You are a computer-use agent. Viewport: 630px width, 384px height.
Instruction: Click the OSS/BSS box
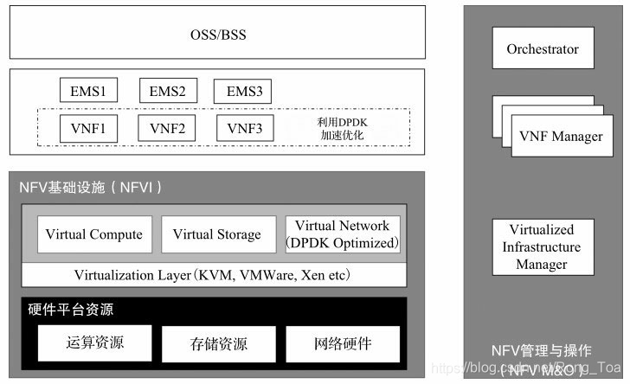pos(217,36)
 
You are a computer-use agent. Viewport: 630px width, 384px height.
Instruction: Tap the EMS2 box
pos(168,90)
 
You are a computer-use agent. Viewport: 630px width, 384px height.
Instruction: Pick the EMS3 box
pos(244,90)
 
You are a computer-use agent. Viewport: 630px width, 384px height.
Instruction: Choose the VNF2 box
pos(168,129)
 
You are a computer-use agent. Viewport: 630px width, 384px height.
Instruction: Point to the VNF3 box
pos(244,129)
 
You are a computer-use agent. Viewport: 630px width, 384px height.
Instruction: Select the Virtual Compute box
pos(94,234)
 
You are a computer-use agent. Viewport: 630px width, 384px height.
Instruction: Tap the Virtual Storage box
pos(216,234)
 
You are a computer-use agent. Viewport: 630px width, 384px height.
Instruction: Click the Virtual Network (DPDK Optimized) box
pos(343,234)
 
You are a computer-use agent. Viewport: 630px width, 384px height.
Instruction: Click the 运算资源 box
pos(94,343)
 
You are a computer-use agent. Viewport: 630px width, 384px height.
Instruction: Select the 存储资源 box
pos(217,343)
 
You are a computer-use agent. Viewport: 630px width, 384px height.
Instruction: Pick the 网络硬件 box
pos(343,343)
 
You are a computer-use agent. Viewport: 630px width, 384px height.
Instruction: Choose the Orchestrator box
pos(543,49)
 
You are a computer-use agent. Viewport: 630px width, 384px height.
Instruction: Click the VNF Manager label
pos(560,137)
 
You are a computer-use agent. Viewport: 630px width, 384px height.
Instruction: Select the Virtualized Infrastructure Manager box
pos(543,247)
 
